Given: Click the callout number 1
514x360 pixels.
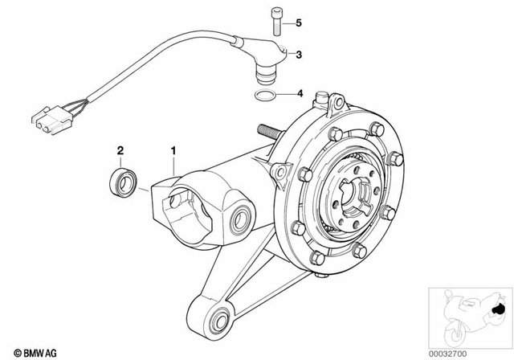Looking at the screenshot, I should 172,149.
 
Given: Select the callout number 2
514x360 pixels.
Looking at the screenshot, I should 120,149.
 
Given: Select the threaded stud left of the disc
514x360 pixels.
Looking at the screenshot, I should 268,131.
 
